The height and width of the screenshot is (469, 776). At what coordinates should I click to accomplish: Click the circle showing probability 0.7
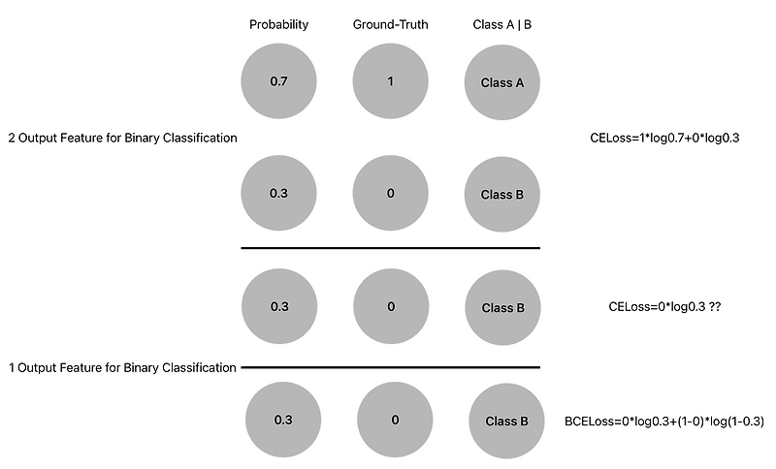278,81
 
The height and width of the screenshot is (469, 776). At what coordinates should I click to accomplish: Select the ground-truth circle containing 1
390,81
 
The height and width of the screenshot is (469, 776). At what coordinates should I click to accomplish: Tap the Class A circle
502,82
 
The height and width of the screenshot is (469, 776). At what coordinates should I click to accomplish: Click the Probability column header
278,25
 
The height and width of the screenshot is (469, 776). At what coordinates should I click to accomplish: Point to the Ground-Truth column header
390,25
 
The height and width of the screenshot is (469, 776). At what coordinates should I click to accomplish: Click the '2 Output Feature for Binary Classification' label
122,139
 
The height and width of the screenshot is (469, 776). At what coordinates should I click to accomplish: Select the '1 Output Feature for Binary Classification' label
122,368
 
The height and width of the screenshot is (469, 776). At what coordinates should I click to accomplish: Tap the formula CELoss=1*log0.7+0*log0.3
664,139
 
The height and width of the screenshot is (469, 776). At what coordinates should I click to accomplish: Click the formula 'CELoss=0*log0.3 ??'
663,307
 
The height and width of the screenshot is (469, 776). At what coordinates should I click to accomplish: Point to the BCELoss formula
664,422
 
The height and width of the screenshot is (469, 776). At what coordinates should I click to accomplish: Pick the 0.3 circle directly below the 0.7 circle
278,194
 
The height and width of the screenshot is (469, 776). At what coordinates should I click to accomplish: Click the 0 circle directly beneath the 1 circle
390,194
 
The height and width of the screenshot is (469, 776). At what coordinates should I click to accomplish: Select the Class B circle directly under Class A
502,195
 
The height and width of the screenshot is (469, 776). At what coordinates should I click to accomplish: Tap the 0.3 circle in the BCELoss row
283,421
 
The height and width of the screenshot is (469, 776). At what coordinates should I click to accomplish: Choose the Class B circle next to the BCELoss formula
505,422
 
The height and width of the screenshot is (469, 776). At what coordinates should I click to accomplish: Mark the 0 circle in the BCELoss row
395,421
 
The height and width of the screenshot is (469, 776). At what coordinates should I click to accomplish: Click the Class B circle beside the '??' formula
502,308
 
